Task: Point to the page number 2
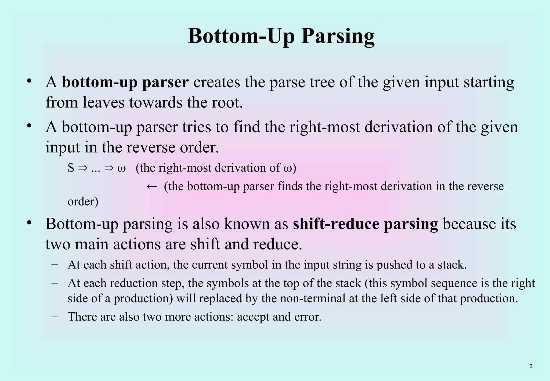coord(531,366)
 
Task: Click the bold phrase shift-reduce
coord(336,224)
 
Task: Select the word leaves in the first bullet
coord(104,102)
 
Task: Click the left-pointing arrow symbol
coord(152,186)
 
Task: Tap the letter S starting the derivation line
coord(71,168)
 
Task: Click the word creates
coord(216,82)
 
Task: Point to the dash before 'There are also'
coord(55,316)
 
